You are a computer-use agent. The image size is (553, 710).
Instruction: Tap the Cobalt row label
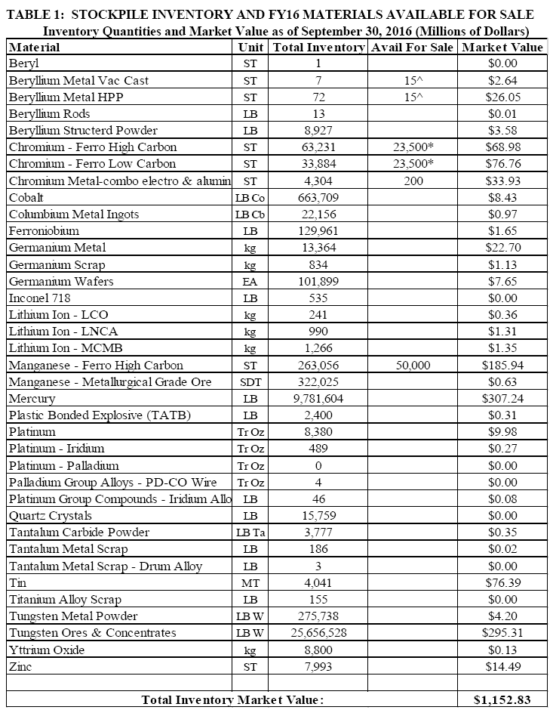[27, 197]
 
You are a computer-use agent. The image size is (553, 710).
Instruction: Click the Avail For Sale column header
[413, 48]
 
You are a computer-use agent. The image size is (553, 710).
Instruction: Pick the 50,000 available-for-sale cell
[413, 365]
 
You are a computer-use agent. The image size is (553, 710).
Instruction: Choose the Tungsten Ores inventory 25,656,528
[318, 632]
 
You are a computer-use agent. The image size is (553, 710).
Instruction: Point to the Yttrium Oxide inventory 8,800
[318, 650]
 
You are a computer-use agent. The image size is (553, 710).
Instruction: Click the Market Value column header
[503, 48]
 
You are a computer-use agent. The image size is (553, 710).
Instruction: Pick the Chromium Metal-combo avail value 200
[413, 181]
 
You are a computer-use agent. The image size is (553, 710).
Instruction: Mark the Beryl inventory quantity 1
[318, 63]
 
